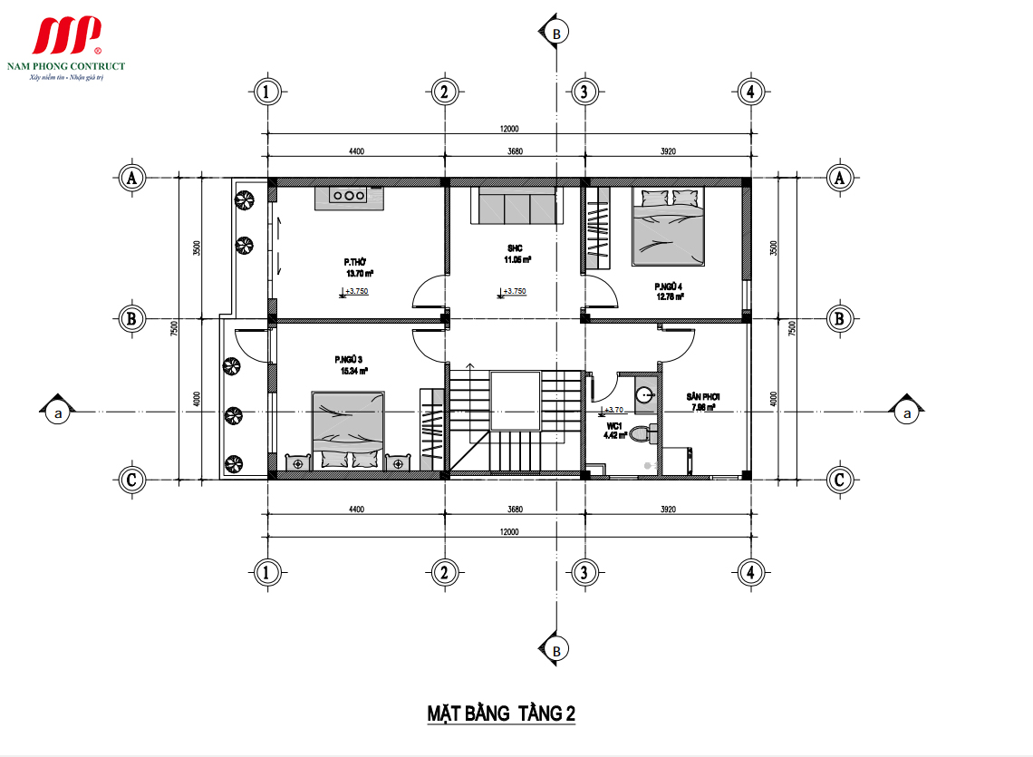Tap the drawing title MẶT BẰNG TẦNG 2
click(501, 713)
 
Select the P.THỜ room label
click(354, 262)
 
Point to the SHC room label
click(516, 247)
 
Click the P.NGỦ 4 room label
click(670, 286)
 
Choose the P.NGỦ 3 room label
click(348, 360)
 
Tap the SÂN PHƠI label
click(702, 397)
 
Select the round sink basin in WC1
click(645, 394)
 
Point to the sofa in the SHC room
click(515, 206)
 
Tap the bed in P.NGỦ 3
click(348, 430)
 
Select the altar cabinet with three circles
click(348, 197)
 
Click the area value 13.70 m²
click(360, 273)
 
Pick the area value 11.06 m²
click(517, 259)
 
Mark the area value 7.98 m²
click(704, 408)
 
